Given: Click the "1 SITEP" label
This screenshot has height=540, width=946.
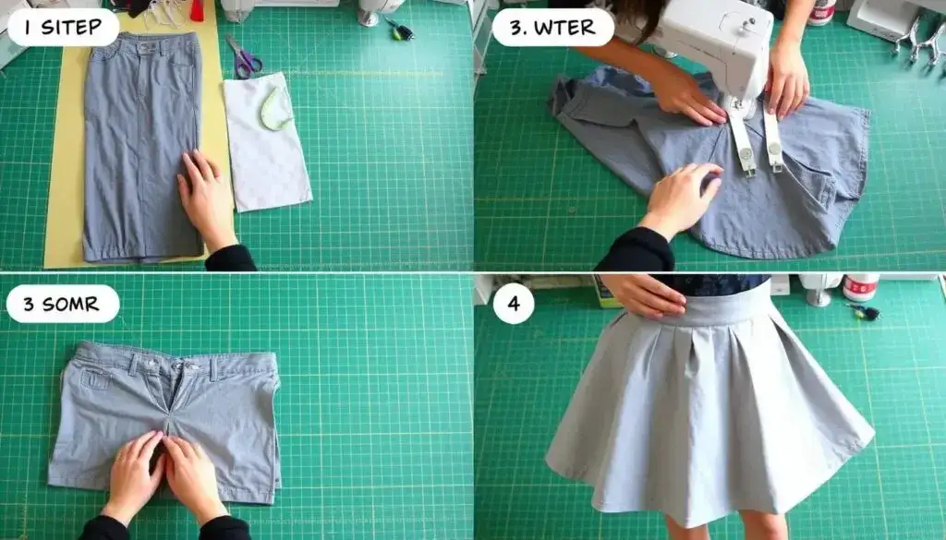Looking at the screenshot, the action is tap(64, 28).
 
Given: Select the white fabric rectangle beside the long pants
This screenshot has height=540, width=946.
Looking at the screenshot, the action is tap(267, 141).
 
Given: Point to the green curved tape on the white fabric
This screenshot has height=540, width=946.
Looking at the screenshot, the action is tap(275, 109).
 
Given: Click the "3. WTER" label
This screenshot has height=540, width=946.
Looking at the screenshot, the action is tap(552, 28).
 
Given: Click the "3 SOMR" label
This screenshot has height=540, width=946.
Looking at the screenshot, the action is tap(62, 304).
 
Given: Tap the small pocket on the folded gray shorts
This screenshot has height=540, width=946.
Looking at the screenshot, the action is tap(96, 379).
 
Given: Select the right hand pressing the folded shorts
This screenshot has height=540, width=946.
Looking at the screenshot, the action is tap(194, 477).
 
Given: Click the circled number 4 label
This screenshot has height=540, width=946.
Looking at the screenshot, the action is tap(513, 303).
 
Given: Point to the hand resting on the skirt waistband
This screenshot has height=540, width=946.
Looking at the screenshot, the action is tap(644, 294).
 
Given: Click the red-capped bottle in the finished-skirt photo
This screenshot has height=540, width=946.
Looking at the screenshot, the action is tap(860, 287).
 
